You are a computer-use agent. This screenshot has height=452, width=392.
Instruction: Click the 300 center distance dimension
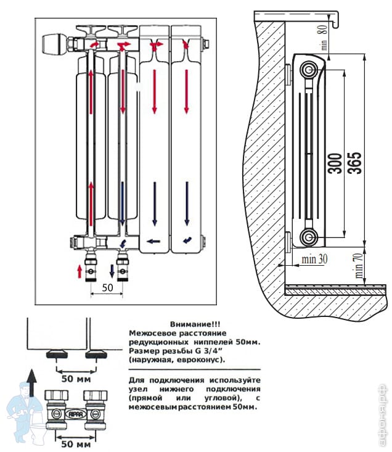coord(335,161)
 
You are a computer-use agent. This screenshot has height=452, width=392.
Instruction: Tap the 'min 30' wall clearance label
coord(314,259)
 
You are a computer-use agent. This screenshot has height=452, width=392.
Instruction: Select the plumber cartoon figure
coord(24,408)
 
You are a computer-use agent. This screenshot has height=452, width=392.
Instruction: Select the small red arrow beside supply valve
coord(79,270)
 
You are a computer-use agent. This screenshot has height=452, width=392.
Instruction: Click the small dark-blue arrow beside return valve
coord(112,270)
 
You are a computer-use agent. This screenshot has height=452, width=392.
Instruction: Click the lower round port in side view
coord(308,236)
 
